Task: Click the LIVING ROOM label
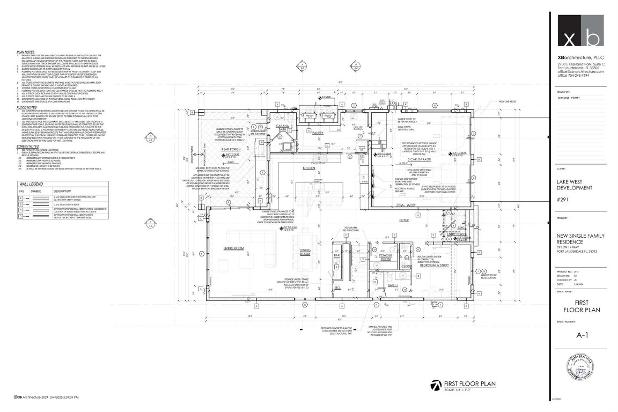(234, 248)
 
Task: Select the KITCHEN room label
(309, 168)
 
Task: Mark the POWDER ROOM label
(386, 256)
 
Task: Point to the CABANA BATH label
(283, 127)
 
